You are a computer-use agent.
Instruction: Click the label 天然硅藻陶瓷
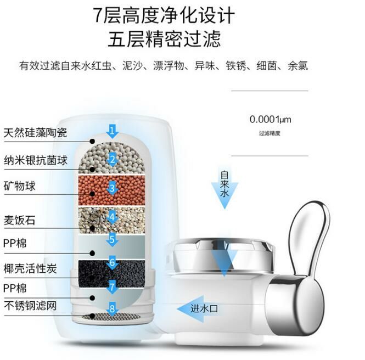tap(35, 133)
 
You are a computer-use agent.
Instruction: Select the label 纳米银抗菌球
tap(36, 160)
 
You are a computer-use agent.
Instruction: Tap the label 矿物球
tap(20, 186)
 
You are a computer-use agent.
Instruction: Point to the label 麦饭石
tap(20, 220)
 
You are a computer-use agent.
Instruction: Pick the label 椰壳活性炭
tap(30, 269)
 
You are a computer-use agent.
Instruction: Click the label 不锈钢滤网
tap(30, 306)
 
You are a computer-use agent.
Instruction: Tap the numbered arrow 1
tap(113, 131)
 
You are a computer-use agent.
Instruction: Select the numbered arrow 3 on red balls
tap(113, 188)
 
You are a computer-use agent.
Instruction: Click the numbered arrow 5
tap(112, 239)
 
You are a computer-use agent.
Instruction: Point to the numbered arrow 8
tap(112, 309)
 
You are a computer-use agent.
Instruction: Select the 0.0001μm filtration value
tap(270, 120)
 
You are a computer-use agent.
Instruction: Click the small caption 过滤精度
tap(269, 133)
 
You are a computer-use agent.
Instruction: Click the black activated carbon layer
tap(112, 273)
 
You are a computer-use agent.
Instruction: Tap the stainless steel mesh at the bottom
tap(112, 316)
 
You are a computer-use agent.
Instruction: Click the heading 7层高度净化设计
tap(164, 15)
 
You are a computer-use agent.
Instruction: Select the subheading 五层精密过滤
tap(164, 38)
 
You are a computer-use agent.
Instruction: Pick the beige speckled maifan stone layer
tap(112, 221)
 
